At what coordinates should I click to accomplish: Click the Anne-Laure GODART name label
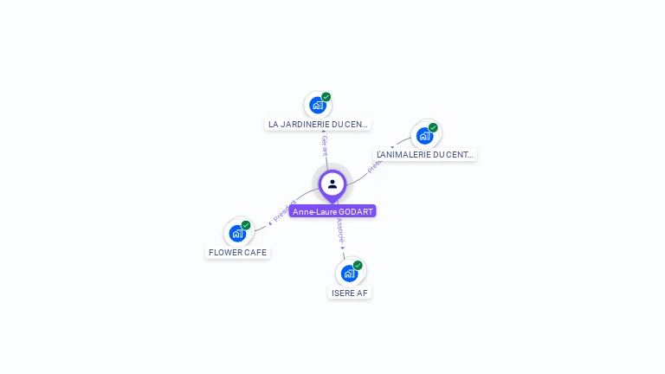point(332,211)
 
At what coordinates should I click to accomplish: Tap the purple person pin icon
point(332,184)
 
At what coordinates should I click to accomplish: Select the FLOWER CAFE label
point(238,253)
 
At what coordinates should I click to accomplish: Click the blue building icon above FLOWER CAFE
point(237,233)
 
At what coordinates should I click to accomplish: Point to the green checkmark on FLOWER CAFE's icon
point(246,225)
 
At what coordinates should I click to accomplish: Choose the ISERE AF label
point(350,293)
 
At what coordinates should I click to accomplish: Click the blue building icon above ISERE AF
point(349,274)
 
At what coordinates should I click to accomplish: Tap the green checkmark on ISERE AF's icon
point(358,266)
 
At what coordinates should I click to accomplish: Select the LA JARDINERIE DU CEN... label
point(318,125)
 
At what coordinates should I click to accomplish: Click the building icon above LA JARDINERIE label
point(318,106)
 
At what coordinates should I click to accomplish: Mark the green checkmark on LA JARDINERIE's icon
point(326,97)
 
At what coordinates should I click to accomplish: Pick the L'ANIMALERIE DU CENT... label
point(425,155)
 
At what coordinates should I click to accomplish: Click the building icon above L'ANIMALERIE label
point(424,136)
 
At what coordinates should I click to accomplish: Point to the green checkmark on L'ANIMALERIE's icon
point(433,127)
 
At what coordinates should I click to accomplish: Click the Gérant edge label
point(325,145)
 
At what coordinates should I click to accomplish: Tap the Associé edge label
point(340,229)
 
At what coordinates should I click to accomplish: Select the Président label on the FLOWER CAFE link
point(285,210)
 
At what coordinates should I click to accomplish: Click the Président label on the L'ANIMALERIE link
point(375,166)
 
